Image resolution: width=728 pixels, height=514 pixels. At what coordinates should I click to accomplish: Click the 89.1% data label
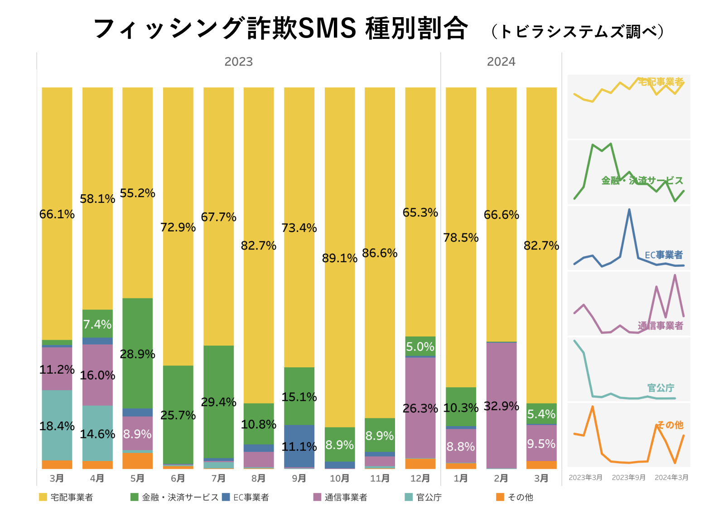[339, 258]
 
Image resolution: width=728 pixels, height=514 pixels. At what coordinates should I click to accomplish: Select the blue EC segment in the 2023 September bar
[299, 446]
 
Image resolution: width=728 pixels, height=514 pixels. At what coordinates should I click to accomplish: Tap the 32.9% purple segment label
[501, 406]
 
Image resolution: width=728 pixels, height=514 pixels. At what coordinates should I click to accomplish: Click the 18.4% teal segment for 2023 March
[57, 425]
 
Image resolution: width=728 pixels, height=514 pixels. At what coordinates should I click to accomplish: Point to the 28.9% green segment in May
[137, 354]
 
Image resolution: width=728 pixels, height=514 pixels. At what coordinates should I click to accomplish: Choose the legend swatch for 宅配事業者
[43, 497]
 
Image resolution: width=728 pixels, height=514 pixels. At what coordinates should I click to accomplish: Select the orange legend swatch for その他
[500, 497]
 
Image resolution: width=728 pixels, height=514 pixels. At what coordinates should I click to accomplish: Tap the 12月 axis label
[420, 478]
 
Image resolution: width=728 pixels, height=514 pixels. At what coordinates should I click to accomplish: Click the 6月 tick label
[178, 478]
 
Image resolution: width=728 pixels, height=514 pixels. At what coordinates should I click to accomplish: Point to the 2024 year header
[501, 62]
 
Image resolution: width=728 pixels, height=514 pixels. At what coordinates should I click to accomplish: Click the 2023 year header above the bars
[238, 62]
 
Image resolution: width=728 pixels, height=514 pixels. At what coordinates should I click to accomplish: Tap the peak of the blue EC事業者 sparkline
[629, 210]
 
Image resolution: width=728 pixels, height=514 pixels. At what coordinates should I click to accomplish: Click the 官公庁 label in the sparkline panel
[661, 388]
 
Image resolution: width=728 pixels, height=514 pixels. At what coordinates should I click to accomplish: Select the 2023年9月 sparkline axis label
[628, 477]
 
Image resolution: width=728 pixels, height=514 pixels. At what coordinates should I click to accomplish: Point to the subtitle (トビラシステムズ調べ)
[578, 31]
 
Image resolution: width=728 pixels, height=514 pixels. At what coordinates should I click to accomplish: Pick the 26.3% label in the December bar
[420, 408]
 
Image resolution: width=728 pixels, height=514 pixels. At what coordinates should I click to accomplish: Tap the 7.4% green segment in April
[97, 324]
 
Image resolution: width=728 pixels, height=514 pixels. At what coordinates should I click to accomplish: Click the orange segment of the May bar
[137, 460]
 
